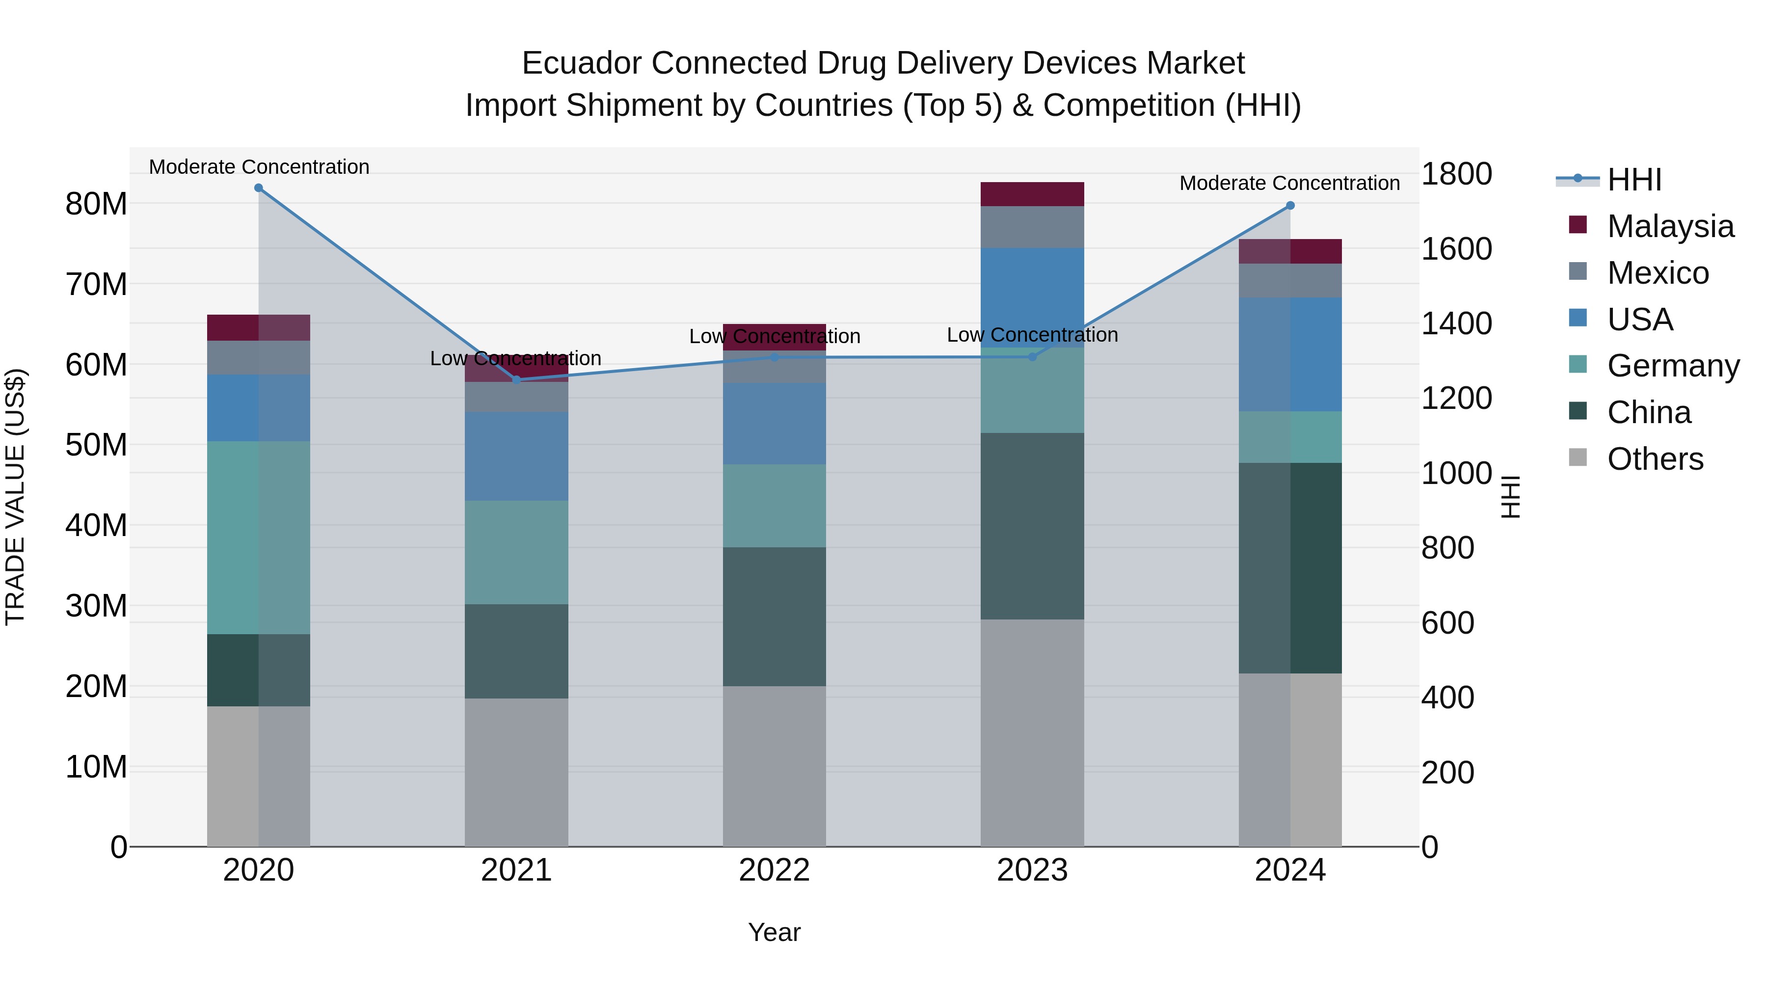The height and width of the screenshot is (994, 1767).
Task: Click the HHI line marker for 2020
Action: pos(259,188)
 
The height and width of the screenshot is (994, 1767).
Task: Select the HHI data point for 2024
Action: pos(1290,206)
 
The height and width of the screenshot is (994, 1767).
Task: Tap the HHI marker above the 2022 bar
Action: pos(775,357)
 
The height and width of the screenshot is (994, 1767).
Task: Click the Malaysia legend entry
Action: pos(1670,226)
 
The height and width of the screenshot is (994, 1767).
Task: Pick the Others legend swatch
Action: pos(1579,457)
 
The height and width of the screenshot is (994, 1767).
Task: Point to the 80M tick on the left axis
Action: pos(96,204)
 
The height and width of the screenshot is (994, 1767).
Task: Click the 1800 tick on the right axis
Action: pos(1456,174)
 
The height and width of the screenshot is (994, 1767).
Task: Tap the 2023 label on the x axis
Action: pos(1032,870)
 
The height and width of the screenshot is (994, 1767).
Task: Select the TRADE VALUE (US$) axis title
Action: pos(16,497)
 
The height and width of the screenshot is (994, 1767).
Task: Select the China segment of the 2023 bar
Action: pos(1032,526)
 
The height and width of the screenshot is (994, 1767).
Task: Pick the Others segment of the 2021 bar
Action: pos(516,773)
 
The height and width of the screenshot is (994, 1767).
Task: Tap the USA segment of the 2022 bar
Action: pos(775,424)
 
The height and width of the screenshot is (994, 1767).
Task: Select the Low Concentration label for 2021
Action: pos(515,359)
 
